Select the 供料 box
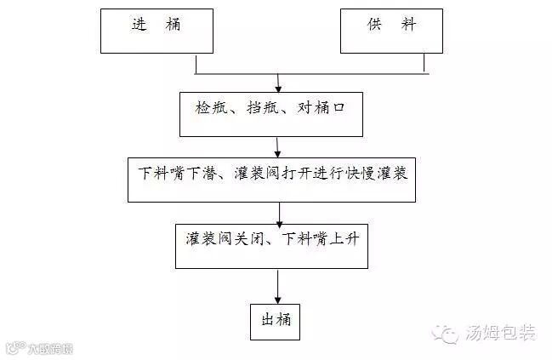[x=392, y=32]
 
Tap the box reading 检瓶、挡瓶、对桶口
[x=273, y=113]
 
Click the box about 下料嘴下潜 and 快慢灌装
[x=271, y=179]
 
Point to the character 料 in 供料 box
[x=410, y=26]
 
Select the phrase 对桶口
[x=320, y=109]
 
